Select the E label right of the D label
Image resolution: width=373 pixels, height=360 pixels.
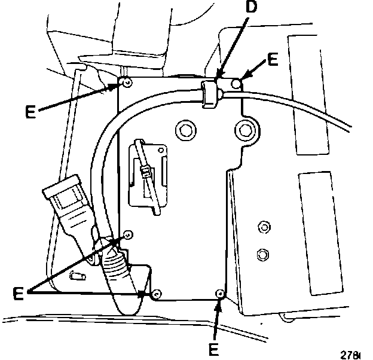pyautogui.click(x=273, y=59)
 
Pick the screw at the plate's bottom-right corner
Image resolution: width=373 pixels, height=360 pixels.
pyautogui.click(x=220, y=293)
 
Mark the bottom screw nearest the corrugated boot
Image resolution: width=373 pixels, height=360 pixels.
pyautogui.click(x=155, y=294)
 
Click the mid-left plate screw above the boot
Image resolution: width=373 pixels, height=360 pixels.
pyautogui.click(x=127, y=233)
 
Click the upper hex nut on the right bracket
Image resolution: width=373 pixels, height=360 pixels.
pyautogui.click(x=261, y=228)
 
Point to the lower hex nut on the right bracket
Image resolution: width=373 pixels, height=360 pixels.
pyautogui.click(x=261, y=255)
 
